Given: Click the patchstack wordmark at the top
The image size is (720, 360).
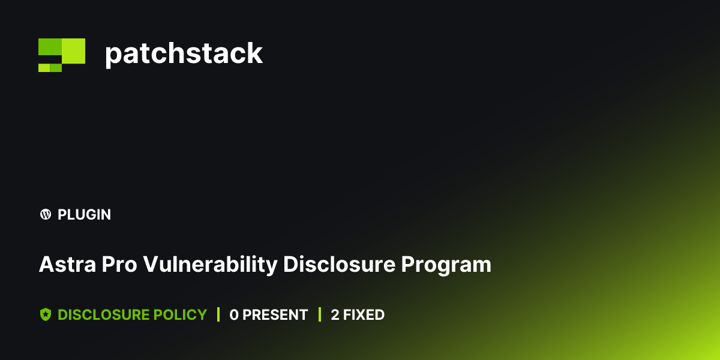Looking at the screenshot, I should coord(184,53).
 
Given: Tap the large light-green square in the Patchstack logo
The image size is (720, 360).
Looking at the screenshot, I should coord(73,50).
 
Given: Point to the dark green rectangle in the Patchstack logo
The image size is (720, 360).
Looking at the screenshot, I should coord(50,47).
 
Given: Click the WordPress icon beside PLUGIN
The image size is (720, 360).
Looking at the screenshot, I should coord(45,214).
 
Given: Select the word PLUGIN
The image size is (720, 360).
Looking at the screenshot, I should coord(84,214).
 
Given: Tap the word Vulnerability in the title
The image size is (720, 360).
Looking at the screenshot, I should coord(210,265).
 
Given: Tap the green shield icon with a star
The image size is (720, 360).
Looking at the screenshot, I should coord(45,314).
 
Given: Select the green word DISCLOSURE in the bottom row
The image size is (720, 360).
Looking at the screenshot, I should coord(104,314).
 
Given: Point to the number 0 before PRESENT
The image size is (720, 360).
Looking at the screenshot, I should coord(234,314).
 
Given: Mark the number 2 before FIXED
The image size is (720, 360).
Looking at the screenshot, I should coord(335,314).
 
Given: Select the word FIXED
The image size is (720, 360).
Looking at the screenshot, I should coord(364,314).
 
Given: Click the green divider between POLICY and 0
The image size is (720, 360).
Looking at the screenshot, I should coord(218,314).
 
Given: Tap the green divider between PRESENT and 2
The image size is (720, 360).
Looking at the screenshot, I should coord(320,314).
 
